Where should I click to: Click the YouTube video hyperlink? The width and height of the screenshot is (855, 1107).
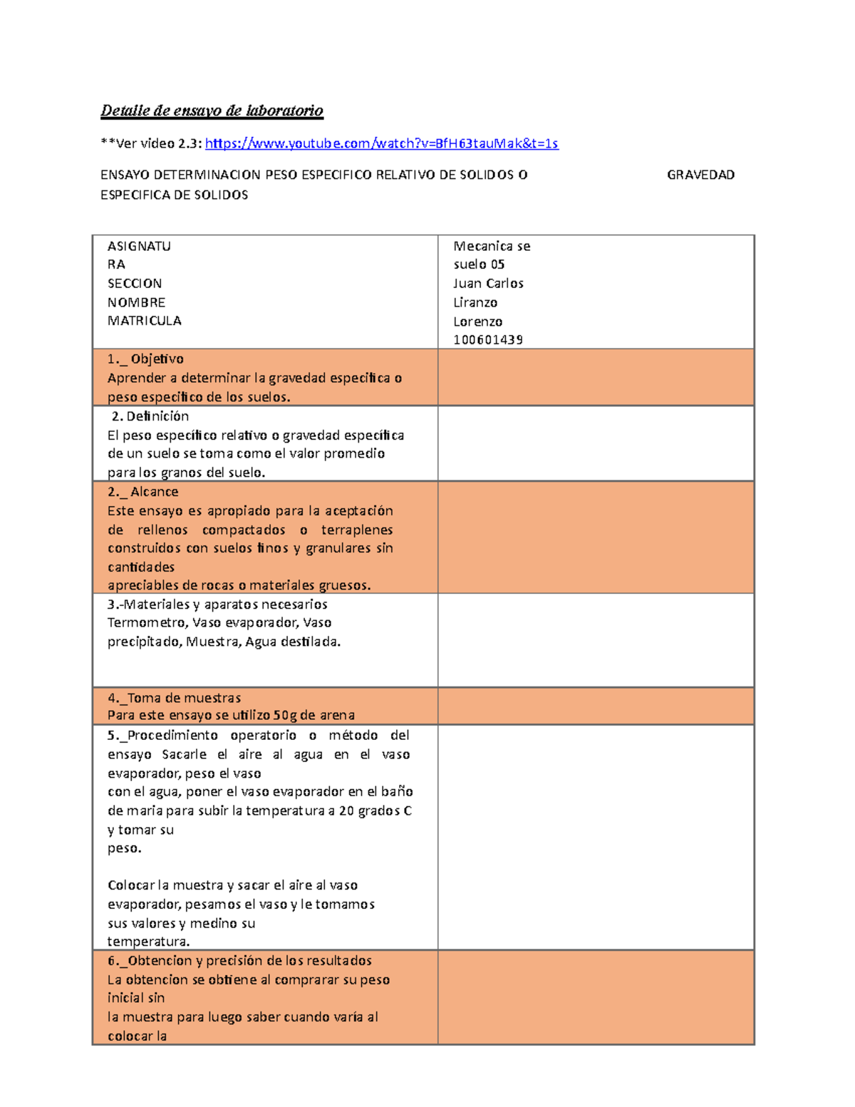pos(381,143)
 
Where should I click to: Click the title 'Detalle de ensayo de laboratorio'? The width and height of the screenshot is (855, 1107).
pos(212,110)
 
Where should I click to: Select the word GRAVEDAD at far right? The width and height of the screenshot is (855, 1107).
pos(700,175)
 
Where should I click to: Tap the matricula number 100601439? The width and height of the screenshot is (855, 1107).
pos(488,340)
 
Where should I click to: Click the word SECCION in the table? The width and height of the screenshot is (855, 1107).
pos(135,284)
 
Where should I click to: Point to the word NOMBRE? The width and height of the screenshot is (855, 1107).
pos(136,302)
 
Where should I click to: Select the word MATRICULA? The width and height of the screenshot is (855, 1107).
pos(144,321)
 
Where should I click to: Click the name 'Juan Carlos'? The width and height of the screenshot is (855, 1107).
pos(488,284)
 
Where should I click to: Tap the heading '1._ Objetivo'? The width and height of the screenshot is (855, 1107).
pos(145,359)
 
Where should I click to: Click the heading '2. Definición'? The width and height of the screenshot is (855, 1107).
pos(150,416)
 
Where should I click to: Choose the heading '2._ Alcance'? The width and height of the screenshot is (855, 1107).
pos(142,492)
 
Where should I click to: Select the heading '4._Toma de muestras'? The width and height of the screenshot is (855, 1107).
pos(174,698)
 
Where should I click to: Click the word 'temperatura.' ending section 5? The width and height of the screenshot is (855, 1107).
pos(148,942)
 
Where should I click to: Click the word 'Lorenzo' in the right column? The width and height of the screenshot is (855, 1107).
pos(478,321)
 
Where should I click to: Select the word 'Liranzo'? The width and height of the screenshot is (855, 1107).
pos(475,303)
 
